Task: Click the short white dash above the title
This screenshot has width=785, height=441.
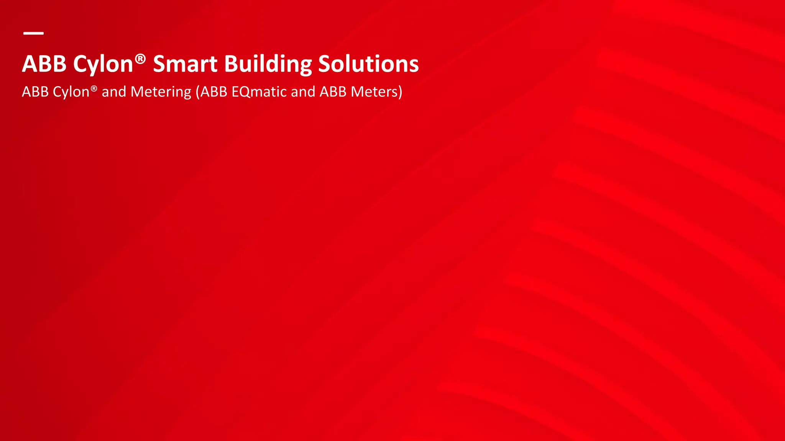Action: pyautogui.click(x=33, y=33)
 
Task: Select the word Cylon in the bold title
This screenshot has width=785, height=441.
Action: pyautogui.click(x=103, y=64)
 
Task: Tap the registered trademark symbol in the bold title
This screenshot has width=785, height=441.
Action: pyautogui.click(x=140, y=59)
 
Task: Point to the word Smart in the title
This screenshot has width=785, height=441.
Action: pyautogui.click(x=185, y=64)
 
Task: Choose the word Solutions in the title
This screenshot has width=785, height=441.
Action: pyautogui.click(x=368, y=64)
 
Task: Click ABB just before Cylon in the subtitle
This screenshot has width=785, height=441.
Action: pyautogui.click(x=35, y=92)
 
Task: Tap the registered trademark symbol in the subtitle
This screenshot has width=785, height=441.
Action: pyautogui.click(x=94, y=88)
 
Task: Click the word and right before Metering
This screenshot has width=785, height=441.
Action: pyautogui.click(x=114, y=92)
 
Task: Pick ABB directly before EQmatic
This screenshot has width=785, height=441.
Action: pyautogui.click(x=214, y=92)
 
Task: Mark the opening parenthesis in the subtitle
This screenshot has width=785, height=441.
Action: pyautogui.click(x=198, y=92)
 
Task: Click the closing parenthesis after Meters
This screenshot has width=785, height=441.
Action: pyautogui.click(x=400, y=92)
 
